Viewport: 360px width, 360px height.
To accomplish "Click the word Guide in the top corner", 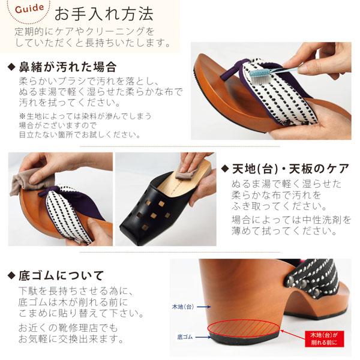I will pos(25,10).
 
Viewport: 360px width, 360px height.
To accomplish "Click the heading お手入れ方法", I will pos(103,13).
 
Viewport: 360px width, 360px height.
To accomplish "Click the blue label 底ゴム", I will pos(184,337).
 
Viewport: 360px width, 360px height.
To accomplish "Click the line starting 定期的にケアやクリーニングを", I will pos(85,31).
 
